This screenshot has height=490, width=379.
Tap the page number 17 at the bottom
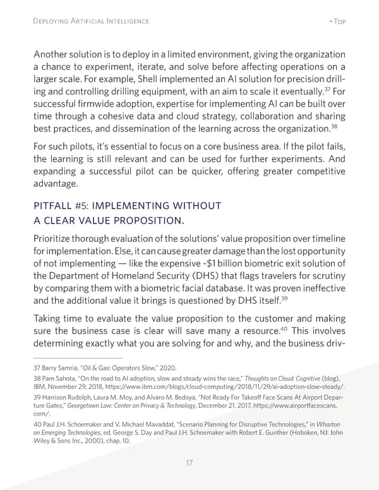pyautogui.click(x=189, y=463)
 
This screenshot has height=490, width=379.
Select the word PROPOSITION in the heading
pyautogui.click(x=146, y=220)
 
